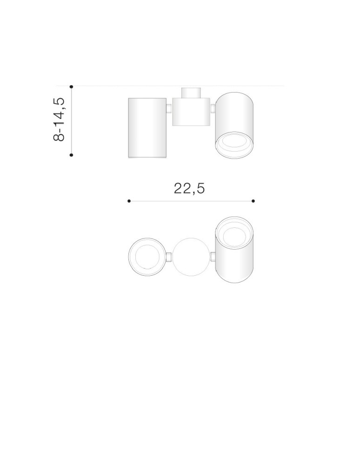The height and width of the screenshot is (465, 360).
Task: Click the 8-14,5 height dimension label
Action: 60,120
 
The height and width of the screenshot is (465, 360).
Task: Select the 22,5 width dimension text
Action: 189,188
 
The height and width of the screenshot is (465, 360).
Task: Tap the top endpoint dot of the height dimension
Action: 71,86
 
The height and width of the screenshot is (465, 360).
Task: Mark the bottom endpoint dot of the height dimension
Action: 71,155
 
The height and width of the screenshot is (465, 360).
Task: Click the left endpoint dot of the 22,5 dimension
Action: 129,201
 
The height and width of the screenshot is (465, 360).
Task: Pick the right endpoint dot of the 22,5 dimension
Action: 253,201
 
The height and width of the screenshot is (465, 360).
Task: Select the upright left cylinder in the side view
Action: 147,127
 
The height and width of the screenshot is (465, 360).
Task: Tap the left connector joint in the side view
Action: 169,109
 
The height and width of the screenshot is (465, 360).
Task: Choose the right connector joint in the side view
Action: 212,109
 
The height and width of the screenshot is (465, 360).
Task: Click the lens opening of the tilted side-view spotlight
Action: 234,145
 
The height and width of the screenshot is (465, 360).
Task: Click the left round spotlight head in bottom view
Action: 147,257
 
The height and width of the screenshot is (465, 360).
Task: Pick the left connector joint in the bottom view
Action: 169,257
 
